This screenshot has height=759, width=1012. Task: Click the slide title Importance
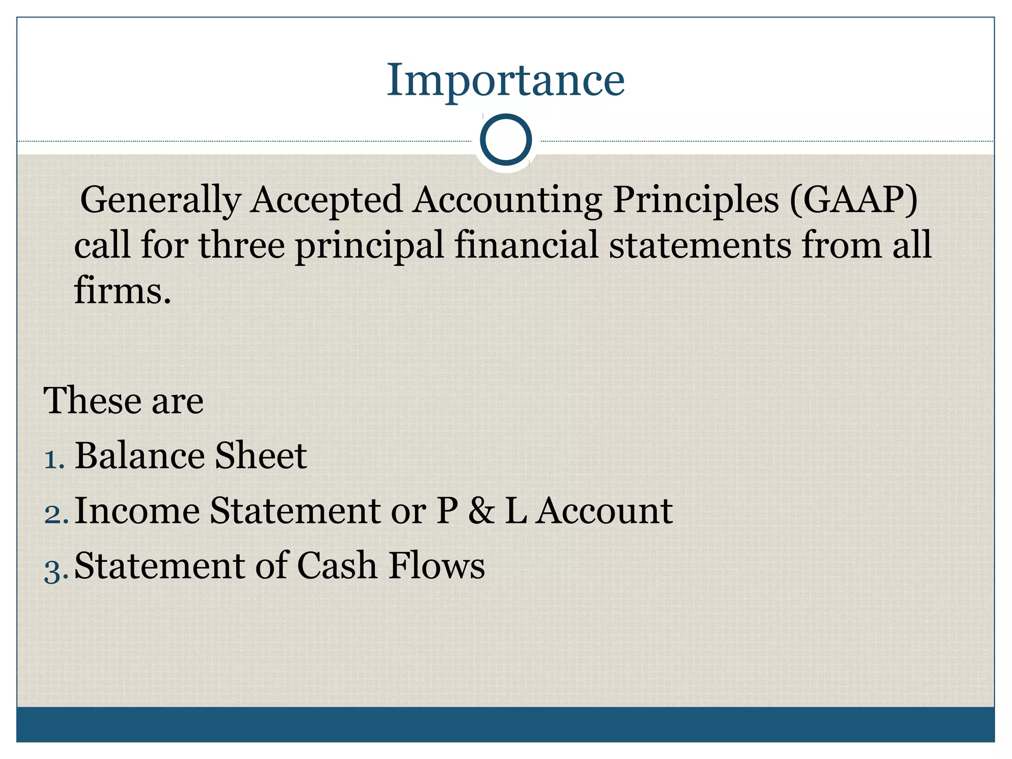click(x=506, y=80)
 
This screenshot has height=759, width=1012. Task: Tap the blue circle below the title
click(x=506, y=140)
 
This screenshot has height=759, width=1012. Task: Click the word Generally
click(x=160, y=200)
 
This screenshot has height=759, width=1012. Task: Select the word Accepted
click(x=326, y=200)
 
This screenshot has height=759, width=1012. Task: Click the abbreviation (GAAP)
click(x=853, y=200)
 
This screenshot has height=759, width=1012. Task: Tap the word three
click(x=242, y=245)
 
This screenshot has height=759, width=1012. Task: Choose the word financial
click(x=526, y=245)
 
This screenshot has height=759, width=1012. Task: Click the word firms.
click(x=122, y=290)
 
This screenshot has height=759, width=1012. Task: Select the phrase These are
click(x=124, y=400)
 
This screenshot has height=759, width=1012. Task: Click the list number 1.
click(x=54, y=460)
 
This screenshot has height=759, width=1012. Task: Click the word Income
click(x=137, y=510)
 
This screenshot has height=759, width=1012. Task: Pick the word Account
click(x=605, y=510)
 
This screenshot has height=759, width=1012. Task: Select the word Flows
click(x=437, y=566)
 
